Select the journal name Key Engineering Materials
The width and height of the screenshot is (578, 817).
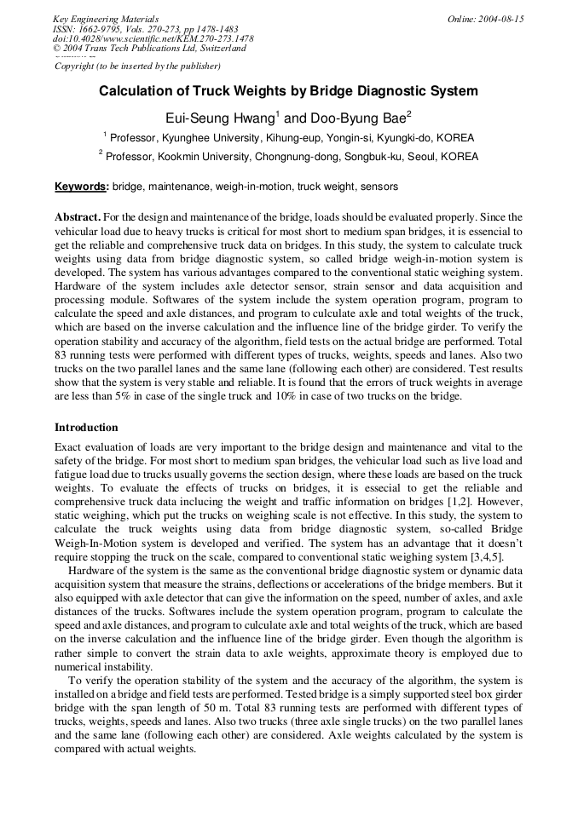click(105, 19)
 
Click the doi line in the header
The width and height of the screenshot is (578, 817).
click(153, 38)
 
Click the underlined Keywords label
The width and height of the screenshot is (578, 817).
click(81, 186)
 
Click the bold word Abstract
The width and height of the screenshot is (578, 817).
click(78, 218)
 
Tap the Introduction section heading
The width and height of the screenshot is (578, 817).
click(86, 427)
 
